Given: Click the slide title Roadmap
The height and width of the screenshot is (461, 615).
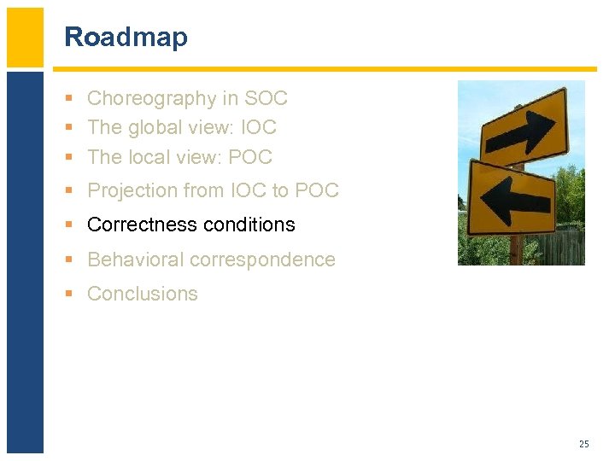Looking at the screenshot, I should pos(126,38).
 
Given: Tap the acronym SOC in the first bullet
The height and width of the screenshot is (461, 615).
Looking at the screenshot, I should pos(266,99).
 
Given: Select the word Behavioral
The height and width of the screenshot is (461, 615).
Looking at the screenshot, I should pos(137,260).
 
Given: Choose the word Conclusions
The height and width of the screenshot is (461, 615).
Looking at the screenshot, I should pos(143,294).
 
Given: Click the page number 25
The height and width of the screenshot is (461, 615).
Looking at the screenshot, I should pos(583,444).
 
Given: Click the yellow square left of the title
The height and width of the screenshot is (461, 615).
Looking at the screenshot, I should pos(25,38).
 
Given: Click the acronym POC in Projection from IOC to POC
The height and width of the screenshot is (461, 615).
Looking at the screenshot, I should pos(317,190).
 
